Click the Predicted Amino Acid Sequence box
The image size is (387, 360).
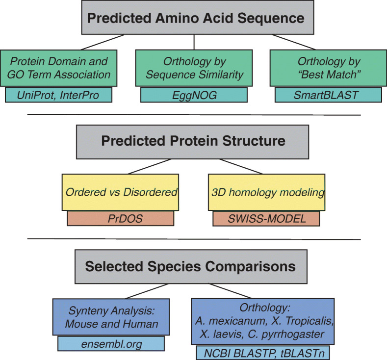coord(198,17)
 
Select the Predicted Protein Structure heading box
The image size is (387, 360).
coord(192,142)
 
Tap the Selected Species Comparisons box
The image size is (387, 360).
coord(191,266)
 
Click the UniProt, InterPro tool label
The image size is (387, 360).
coord(58,95)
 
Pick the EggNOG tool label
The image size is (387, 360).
coord(194,95)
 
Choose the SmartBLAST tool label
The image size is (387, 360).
coord(328,95)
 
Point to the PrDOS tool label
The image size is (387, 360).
coord(121,218)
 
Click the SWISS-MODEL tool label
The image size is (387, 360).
coord(266,218)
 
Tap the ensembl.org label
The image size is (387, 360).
coord(111,344)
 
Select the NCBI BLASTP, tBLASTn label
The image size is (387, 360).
coord(263,353)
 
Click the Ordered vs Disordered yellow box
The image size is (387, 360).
coord(120,192)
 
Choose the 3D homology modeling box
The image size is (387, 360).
coord(266,192)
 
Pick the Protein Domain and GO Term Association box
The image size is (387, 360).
coord(58,68)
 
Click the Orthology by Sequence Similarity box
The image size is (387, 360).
coord(194,68)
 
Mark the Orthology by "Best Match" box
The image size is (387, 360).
coord(328,68)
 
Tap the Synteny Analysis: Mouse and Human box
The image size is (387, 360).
coord(111,317)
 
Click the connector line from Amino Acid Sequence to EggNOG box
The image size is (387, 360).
coord(194,42)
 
